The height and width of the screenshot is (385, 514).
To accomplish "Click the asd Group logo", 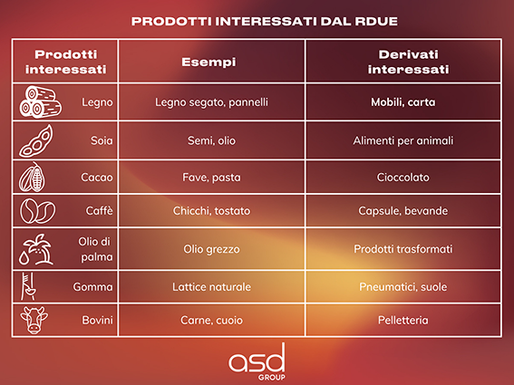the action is (257, 362).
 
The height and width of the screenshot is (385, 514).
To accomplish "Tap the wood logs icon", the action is (40, 101).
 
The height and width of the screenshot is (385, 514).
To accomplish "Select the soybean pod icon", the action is (35, 141).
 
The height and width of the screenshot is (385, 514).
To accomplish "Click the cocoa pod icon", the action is (32, 177).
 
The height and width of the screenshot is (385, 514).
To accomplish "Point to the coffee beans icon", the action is (37, 211).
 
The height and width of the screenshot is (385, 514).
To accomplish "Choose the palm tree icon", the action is (36, 249).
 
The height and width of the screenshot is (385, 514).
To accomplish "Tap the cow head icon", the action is (34, 320).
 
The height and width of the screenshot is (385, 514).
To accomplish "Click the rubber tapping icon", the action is (28, 286).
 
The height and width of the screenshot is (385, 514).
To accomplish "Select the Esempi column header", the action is (209, 62).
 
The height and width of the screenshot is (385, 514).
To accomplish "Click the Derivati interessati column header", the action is (408, 62).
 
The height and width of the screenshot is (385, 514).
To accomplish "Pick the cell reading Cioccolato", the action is (402, 178).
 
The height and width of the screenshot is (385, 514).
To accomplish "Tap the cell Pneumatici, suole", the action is (402, 287).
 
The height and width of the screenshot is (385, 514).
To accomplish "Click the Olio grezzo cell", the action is (211, 249).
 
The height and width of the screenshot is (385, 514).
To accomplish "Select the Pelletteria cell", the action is (402, 320).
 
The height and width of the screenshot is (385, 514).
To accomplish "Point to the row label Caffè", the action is (99, 211).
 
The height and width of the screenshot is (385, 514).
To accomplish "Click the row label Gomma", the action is (92, 287).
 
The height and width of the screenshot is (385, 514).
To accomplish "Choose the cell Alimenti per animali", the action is (402, 141).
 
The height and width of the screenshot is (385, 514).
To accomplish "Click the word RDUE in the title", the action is (376, 22).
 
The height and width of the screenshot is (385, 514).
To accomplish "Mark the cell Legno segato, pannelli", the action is (211, 102).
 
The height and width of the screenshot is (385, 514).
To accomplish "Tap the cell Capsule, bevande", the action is (402, 211).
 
